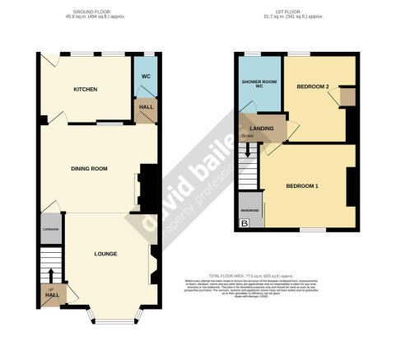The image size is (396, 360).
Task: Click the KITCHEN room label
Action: coord(86,89)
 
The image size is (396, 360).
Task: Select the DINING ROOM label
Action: coord(87,169)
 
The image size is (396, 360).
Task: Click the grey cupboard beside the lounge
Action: coord(49,230)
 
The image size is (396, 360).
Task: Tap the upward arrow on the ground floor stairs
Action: coord(51,272)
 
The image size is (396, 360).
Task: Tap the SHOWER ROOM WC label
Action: coord(258,86)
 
